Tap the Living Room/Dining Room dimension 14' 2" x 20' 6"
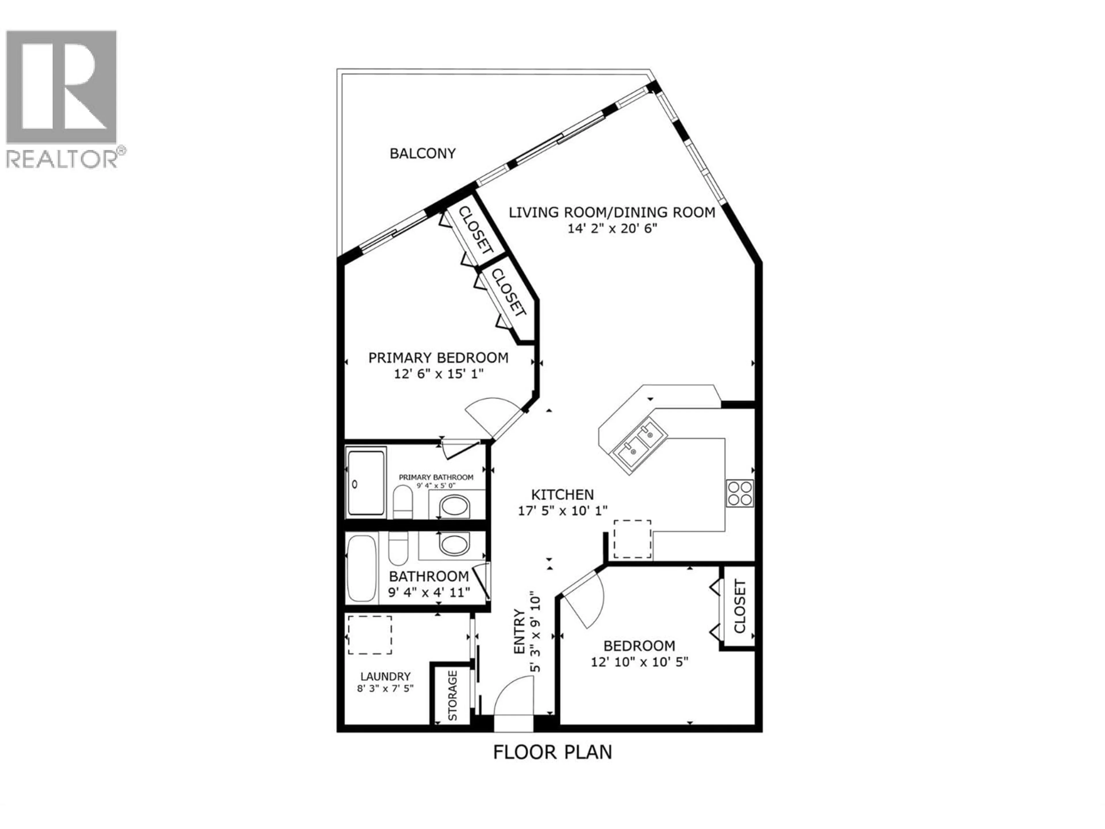[x=611, y=229]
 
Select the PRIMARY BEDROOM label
[x=438, y=358]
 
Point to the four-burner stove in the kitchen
[x=739, y=493]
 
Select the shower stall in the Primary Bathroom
[x=366, y=483]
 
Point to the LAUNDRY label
[x=385, y=677]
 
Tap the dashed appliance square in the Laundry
[x=370, y=635]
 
